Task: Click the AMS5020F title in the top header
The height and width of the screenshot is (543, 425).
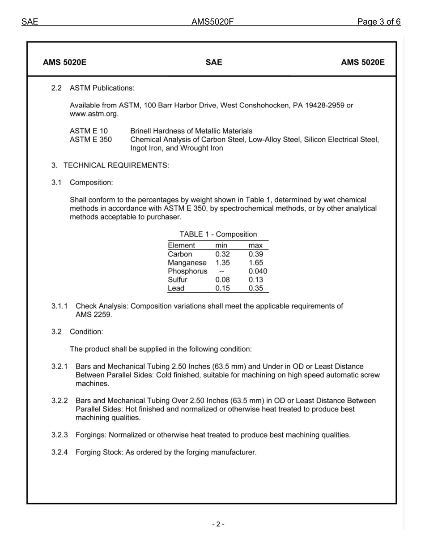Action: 212,22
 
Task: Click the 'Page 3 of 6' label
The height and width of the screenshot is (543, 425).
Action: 378,22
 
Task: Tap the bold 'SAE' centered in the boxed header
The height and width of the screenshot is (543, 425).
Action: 213,63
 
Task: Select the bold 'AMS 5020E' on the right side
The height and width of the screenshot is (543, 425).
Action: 362,63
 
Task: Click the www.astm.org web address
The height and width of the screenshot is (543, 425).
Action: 94,114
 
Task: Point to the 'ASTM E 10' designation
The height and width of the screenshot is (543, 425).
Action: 89,131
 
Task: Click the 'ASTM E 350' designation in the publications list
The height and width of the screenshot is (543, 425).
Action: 91,140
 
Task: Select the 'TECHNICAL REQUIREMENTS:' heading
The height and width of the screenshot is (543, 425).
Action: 116,166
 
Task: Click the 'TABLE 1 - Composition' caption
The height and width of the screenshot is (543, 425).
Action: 218,235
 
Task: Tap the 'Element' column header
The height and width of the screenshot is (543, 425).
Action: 181,245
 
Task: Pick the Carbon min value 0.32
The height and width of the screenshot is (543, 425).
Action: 222,254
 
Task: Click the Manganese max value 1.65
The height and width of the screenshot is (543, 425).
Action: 256,263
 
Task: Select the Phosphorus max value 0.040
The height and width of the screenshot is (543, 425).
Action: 258,271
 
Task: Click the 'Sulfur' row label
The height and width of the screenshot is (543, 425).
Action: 178,280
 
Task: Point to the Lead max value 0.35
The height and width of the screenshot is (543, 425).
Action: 256,288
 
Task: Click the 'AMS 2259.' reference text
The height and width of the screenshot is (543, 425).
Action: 94,315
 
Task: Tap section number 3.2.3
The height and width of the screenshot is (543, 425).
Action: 59,435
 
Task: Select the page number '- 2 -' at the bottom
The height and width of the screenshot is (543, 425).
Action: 218,524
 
